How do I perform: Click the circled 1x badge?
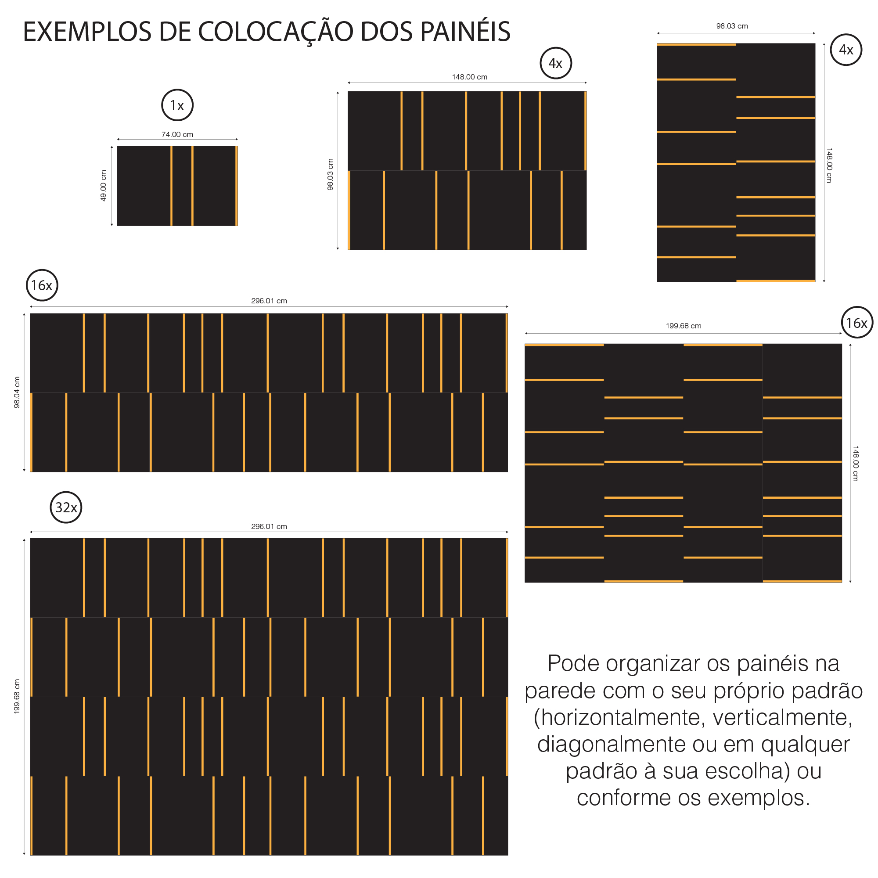pos(177,105)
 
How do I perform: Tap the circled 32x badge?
pos(66,507)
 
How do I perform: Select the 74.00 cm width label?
pos(177,134)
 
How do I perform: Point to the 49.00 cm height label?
pos(103,185)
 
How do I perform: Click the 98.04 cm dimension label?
pos(17,392)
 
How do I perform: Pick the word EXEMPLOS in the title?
pos(87,32)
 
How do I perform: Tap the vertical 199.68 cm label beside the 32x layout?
pos(17,697)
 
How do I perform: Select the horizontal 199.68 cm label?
pos(684,326)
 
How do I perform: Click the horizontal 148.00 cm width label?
pos(469,77)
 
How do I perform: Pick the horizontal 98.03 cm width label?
pos(732,26)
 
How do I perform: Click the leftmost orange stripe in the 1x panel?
pos(171,185)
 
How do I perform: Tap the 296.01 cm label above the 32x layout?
pos(269,526)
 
